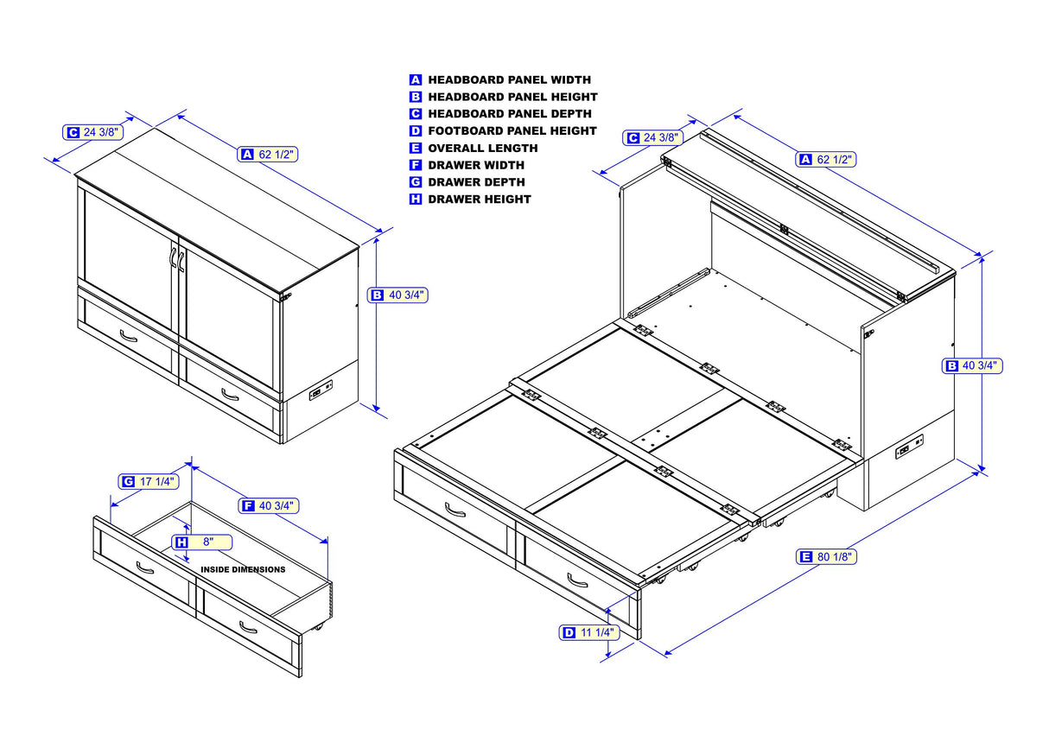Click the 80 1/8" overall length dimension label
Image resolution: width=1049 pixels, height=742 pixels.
coord(827,557)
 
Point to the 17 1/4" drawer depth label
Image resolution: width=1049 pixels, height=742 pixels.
coord(148,481)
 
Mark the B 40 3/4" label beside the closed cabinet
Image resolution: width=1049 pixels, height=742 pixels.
coord(398,295)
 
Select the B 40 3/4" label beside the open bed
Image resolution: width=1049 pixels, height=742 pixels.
coord(971,365)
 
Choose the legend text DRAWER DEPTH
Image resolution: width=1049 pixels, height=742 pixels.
coord(476,182)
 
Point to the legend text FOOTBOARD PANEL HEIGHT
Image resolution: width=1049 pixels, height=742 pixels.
coord(512,130)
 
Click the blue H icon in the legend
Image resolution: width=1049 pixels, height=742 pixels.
coord(416,200)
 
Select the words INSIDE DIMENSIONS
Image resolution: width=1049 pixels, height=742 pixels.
coord(243,570)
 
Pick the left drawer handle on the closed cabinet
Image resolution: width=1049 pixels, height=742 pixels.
coord(128,336)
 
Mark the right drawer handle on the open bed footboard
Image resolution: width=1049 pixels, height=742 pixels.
coord(577,580)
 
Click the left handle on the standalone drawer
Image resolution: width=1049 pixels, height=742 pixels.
coord(145,568)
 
